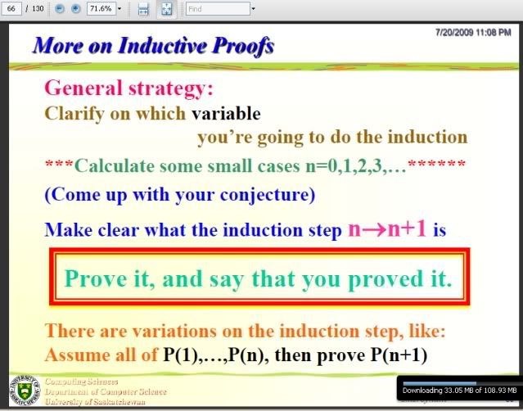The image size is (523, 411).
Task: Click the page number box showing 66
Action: click(11, 8)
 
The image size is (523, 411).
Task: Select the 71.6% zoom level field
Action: click(101, 8)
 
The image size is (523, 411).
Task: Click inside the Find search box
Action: click(218, 9)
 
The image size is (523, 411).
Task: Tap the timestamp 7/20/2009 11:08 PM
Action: click(473, 33)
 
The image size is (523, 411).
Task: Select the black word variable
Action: click(226, 114)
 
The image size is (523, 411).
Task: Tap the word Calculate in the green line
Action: click(115, 165)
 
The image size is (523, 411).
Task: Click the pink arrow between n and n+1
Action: click(374, 230)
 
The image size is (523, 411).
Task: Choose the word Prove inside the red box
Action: click(96, 278)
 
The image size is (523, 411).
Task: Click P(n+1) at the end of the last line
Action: click(399, 355)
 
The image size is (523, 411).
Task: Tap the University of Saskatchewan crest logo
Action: click(24, 390)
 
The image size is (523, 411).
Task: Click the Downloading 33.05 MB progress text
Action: click(459, 391)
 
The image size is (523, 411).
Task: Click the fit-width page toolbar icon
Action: click(143, 9)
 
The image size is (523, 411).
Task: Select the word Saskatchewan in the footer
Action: click(119, 401)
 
